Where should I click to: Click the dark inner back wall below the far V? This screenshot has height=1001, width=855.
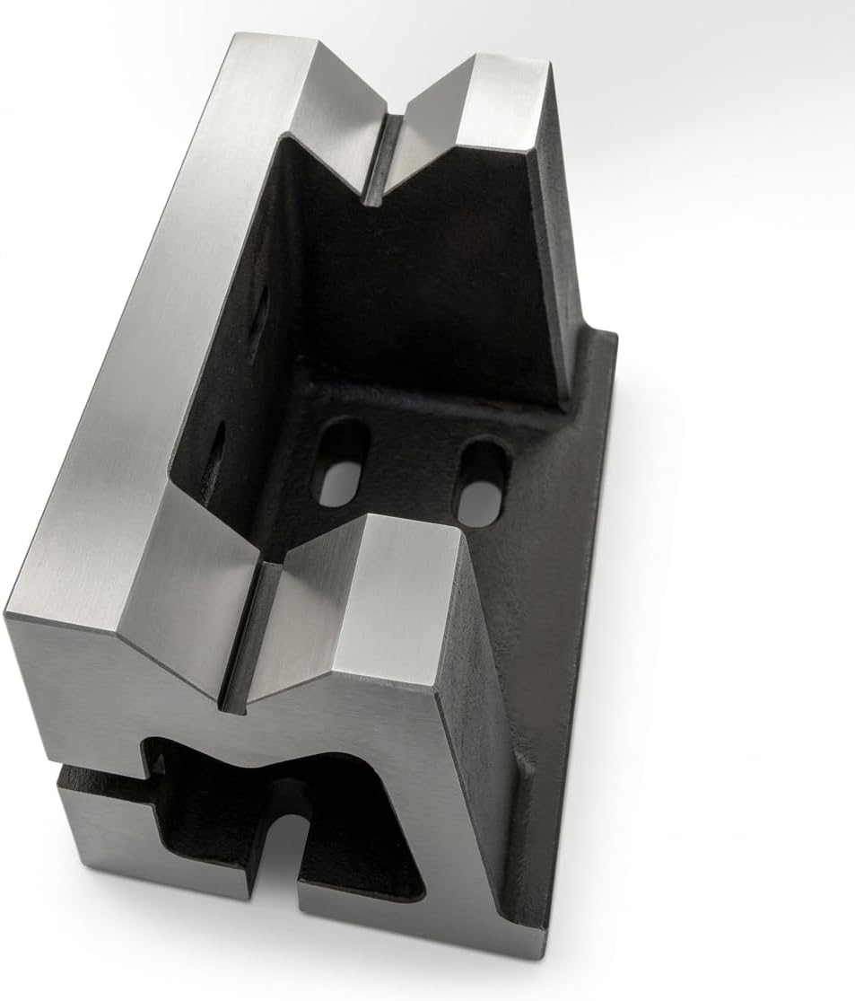pyautogui.click(x=431, y=269)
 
